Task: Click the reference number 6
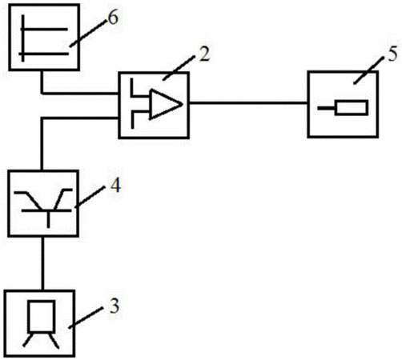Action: coord(113,18)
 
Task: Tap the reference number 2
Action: coord(204,54)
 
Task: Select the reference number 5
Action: coord(392,55)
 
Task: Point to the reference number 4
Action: coord(115,186)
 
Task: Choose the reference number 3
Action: coord(115,306)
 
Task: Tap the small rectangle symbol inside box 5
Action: coord(352,108)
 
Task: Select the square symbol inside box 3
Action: coord(42,317)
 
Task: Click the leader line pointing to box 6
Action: coord(86,34)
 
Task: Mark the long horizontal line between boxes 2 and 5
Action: coord(248,102)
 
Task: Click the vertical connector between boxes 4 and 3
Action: coord(42,263)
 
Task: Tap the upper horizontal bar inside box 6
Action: coord(44,29)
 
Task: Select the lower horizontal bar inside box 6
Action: coord(43,54)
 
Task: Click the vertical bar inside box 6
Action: coord(23,38)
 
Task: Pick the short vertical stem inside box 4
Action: coord(48,219)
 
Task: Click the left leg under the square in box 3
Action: coord(28,339)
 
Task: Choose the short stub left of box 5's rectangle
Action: coord(326,108)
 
